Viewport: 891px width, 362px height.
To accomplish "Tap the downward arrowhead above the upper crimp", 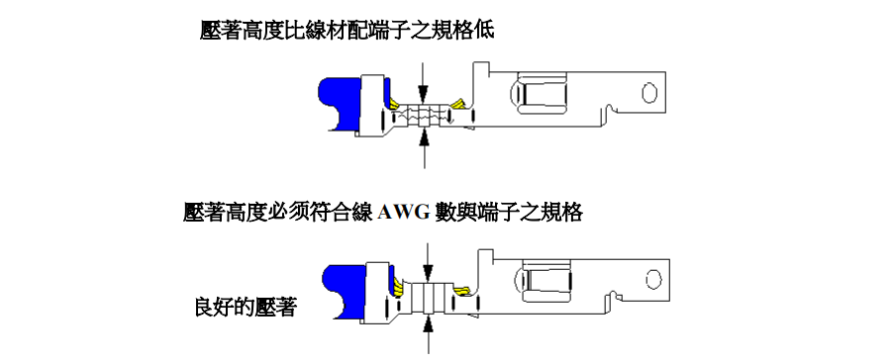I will point(423,86).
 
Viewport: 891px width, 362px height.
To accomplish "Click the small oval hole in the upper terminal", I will point(649,93).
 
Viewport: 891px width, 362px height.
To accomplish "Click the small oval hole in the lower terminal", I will point(652,280).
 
